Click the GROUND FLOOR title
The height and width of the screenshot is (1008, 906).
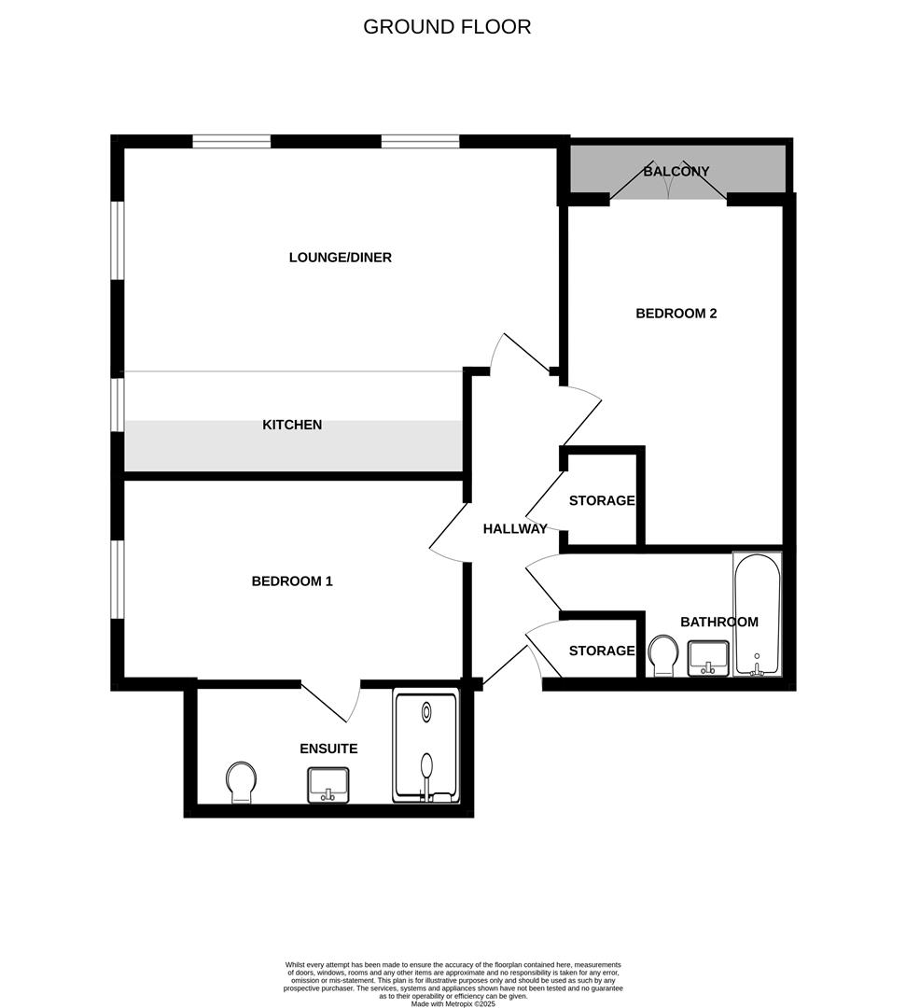(447, 27)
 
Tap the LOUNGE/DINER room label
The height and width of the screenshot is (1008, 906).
(340, 258)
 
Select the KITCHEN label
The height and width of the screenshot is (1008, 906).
(292, 425)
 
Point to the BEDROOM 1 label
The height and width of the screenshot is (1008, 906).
(292, 581)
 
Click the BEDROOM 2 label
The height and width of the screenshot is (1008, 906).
(676, 314)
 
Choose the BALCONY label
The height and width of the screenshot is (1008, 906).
(676, 172)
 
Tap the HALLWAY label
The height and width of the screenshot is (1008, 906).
(515, 529)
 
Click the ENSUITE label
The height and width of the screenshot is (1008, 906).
(328, 749)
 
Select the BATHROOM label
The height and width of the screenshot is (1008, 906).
(718, 622)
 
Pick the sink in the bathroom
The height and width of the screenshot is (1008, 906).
(708, 657)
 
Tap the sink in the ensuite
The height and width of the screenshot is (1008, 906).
(328, 784)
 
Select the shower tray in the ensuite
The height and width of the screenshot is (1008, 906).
(426, 746)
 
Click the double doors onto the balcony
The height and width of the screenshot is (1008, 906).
(668, 186)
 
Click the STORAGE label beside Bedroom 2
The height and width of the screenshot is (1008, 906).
(602, 501)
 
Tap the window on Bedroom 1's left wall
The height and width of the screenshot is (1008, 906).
(118, 579)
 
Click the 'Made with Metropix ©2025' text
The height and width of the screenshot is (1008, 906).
(453, 1003)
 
